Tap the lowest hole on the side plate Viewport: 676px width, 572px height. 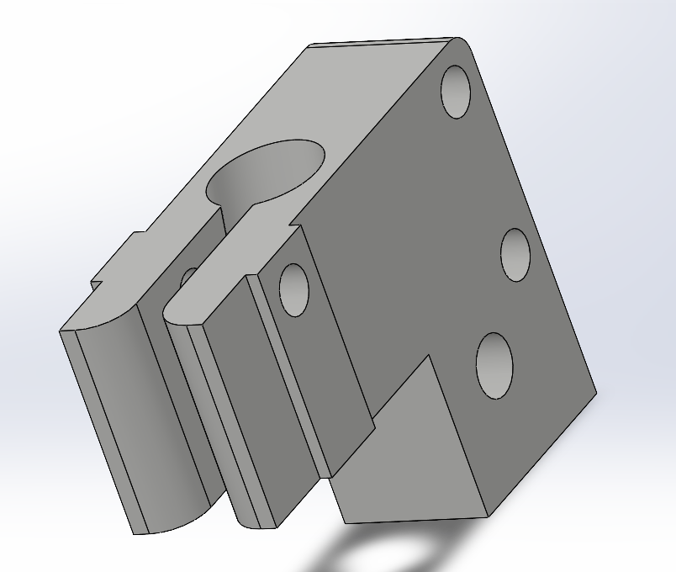[x=494, y=366]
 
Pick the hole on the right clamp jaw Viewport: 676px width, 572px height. [x=293, y=290]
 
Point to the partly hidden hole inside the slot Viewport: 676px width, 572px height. [x=188, y=278]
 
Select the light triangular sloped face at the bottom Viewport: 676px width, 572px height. [x=404, y=454]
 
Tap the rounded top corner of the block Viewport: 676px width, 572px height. [x=461, y=42]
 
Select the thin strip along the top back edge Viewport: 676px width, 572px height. [x=378, y=43]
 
